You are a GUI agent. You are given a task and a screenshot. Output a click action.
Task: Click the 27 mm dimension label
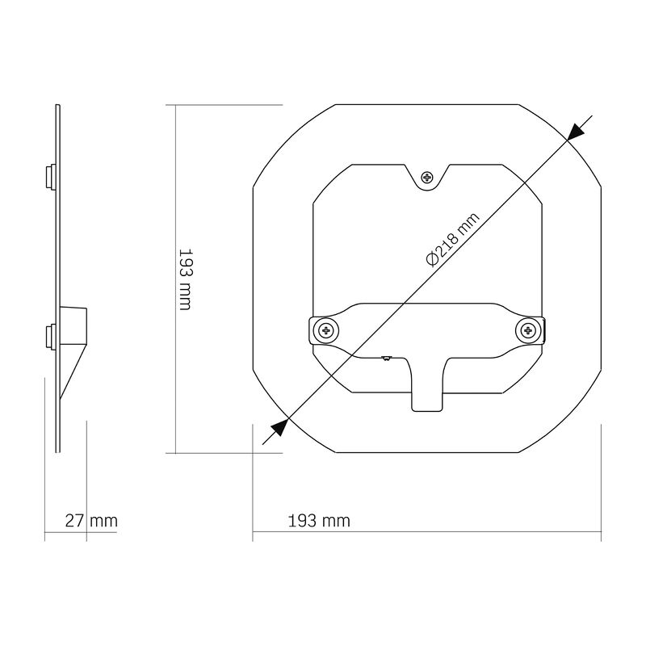pos(91,521)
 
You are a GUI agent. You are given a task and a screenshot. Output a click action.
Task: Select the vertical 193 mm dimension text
pos(184,279)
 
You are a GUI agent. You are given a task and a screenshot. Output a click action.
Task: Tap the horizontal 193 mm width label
pos(319,521)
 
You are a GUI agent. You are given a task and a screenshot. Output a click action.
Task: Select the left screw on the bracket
pos(326,329)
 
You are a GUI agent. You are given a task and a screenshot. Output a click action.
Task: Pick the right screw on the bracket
pos(529,329)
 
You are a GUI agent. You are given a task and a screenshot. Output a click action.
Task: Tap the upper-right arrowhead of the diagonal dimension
pos(576,132)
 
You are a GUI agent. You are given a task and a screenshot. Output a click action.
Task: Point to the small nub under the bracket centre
pos(386,356)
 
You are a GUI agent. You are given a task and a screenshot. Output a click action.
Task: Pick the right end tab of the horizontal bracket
pos(541,329)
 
